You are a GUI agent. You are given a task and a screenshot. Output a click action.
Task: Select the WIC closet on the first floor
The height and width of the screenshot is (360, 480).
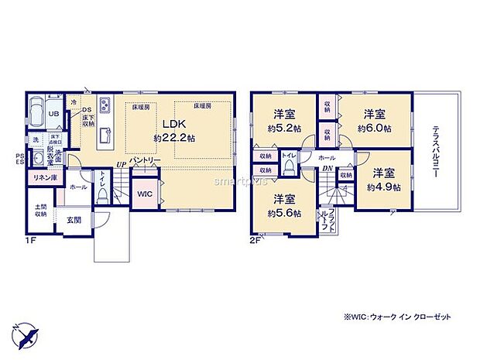[x=143, y=193]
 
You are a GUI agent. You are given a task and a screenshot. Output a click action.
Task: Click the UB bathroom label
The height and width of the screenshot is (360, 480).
[x=54, y=115]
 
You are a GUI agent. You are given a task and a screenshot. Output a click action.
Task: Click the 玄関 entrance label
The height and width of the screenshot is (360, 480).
[x=74, y=220]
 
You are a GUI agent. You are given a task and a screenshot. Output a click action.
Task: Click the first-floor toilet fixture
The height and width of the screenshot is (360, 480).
[x=104, y=197]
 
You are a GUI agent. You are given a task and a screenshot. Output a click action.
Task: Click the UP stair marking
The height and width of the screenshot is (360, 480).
[x=121, y=164]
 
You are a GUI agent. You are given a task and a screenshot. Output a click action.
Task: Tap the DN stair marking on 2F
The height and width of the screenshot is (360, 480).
[x=327, y=169]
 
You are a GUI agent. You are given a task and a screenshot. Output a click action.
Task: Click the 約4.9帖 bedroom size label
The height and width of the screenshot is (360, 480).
[x=383, y=187]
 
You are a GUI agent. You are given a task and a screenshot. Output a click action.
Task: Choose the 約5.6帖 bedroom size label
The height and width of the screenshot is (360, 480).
[x=285, y=214]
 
